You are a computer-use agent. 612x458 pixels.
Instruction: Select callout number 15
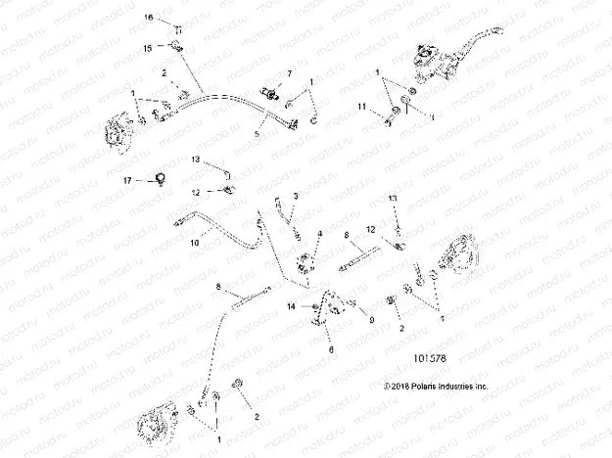tap(149, 47)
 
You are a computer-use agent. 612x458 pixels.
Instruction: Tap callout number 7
tap(290, 74)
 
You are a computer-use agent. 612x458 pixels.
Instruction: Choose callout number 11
tap(362, 105)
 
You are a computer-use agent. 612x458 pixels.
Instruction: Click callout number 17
tap(126, 181)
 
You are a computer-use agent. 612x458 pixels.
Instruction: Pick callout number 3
tap(296, 197)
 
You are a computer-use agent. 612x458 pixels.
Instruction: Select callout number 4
tap(319, 232)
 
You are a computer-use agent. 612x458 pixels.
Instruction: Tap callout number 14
tap(291, 307)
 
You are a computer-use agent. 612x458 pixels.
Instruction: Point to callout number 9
tap(371, 318)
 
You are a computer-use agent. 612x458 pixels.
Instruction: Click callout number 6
tap(331, 349)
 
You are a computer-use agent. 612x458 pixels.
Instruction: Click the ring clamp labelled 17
tap(156, 177)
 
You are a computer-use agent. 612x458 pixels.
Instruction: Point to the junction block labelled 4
tap(306, 261)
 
